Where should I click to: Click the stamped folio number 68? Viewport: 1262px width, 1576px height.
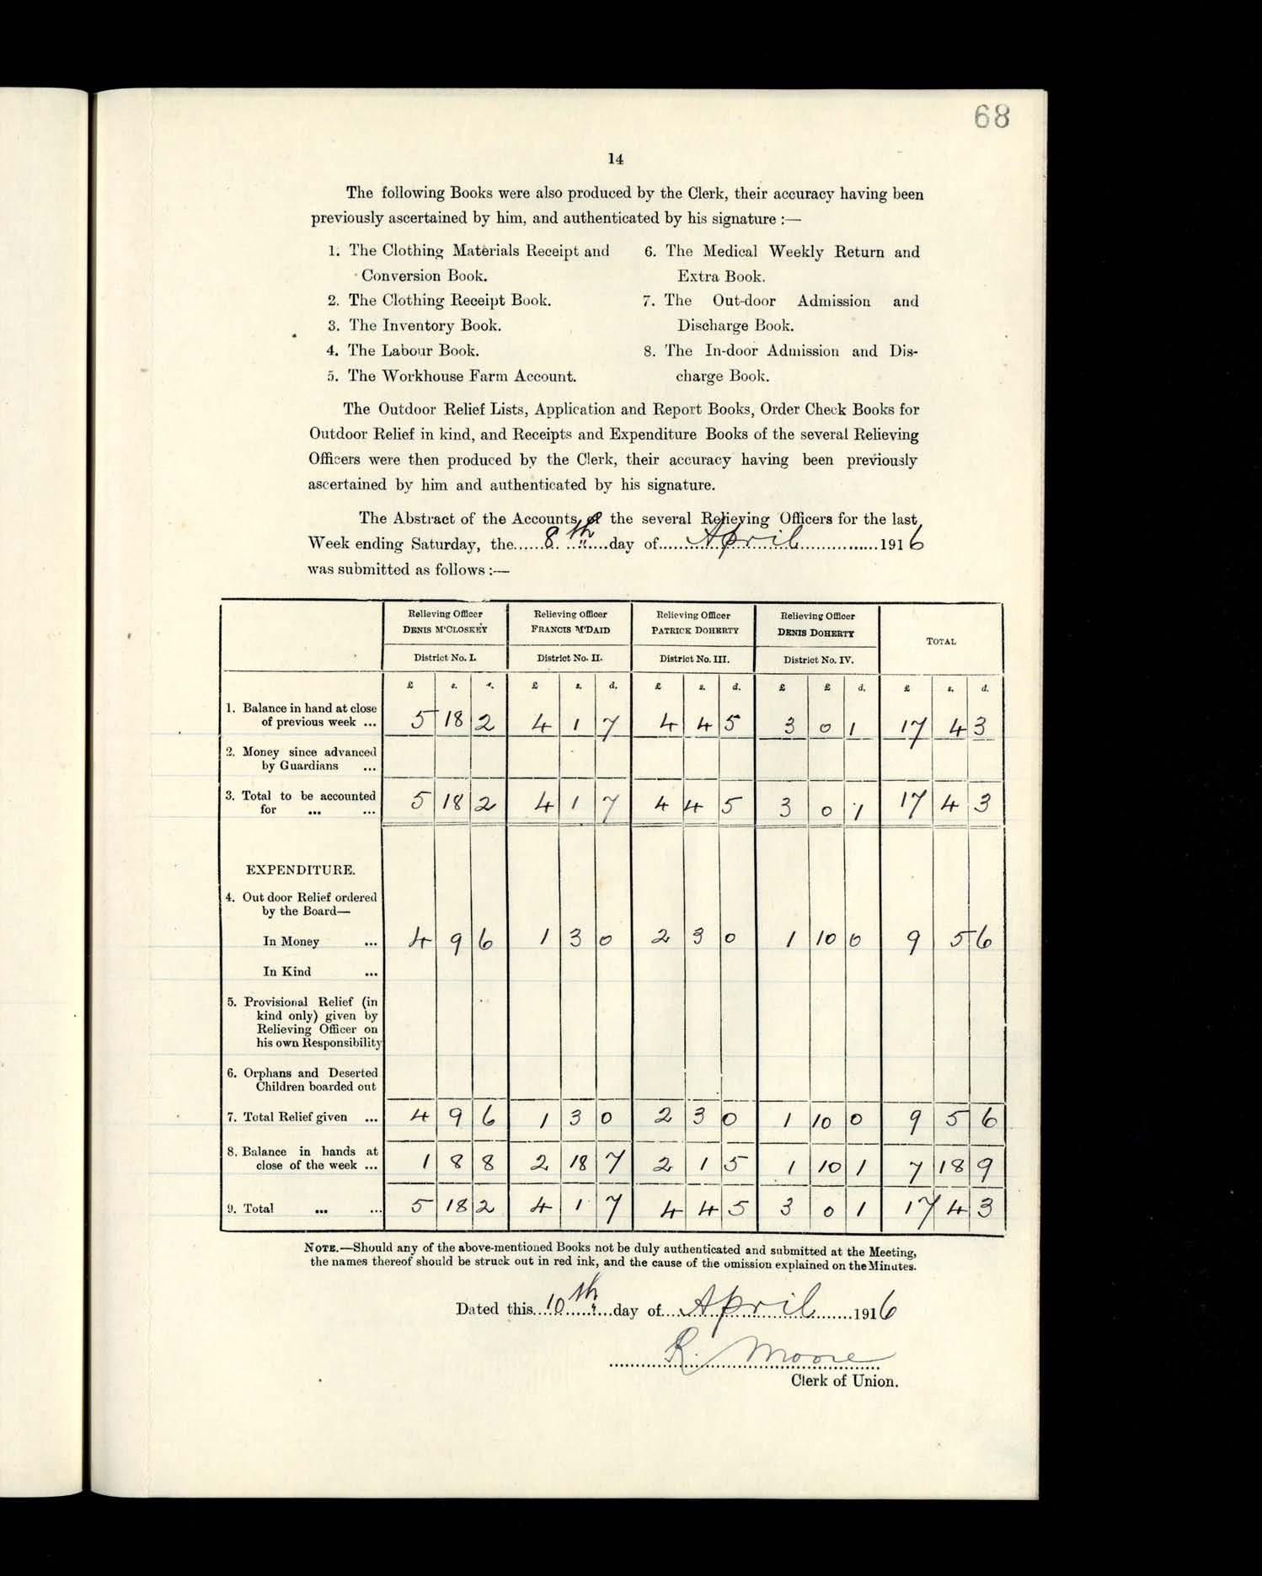click(992, 117)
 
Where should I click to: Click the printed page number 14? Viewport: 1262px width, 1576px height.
click(615, 158)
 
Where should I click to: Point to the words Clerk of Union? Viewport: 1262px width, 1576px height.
click(844, 1381)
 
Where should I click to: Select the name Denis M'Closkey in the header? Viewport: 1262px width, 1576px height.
click(445, 630)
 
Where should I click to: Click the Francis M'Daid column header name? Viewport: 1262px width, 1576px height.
click(570, 630)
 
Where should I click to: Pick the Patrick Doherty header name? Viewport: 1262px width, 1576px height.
click(694, 630)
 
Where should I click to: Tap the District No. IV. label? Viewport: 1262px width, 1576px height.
click(817, 660)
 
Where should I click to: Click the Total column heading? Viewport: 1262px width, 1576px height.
click(941, 642)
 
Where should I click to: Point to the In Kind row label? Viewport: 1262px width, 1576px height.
click(286, 971)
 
